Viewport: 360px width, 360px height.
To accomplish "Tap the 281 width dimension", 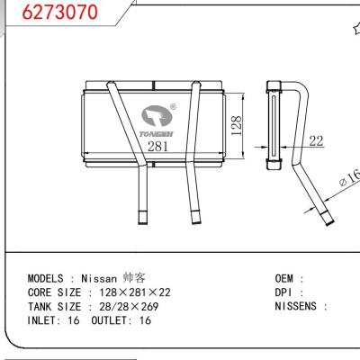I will [158, 146].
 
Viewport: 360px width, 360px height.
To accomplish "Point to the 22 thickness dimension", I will [316, 140].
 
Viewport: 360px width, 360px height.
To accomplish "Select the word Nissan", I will [99, 280].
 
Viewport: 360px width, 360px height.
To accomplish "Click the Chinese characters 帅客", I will [132, 280].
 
